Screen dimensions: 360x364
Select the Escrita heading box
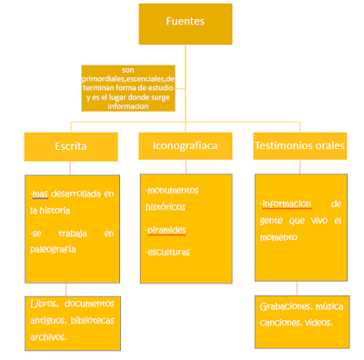click(70, 145)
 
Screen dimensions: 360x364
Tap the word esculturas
click(170, 251)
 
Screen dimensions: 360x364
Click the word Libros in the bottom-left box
click(46, 305)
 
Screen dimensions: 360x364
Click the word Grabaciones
click(284, 306)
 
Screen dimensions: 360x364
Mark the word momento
click(281, 237)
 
